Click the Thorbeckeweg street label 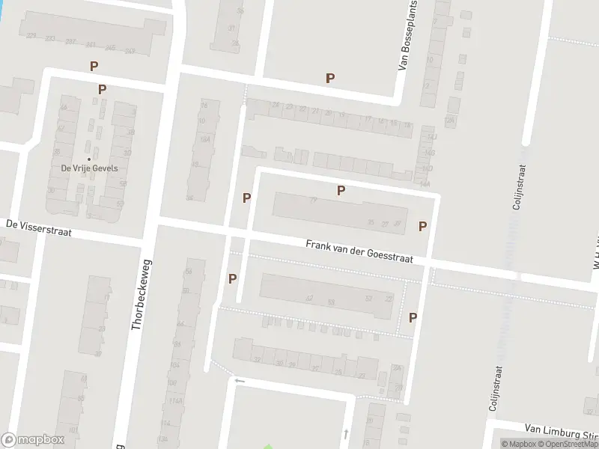pos(139,295)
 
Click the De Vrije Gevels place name pos(89,168)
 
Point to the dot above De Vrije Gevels pos(89,159)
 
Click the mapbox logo pos(33,440)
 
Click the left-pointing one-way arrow pos(240,381)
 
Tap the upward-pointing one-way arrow pos(345,433)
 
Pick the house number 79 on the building pos(313,200)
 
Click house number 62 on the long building pos(309,298)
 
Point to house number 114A pos(176,401)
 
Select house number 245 pos(111,47)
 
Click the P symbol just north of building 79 pos(341,190)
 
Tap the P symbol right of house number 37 pos(422,226)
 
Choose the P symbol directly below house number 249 pos(102,89)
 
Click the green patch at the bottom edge pos(267,446)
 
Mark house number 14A pos(425,183)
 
